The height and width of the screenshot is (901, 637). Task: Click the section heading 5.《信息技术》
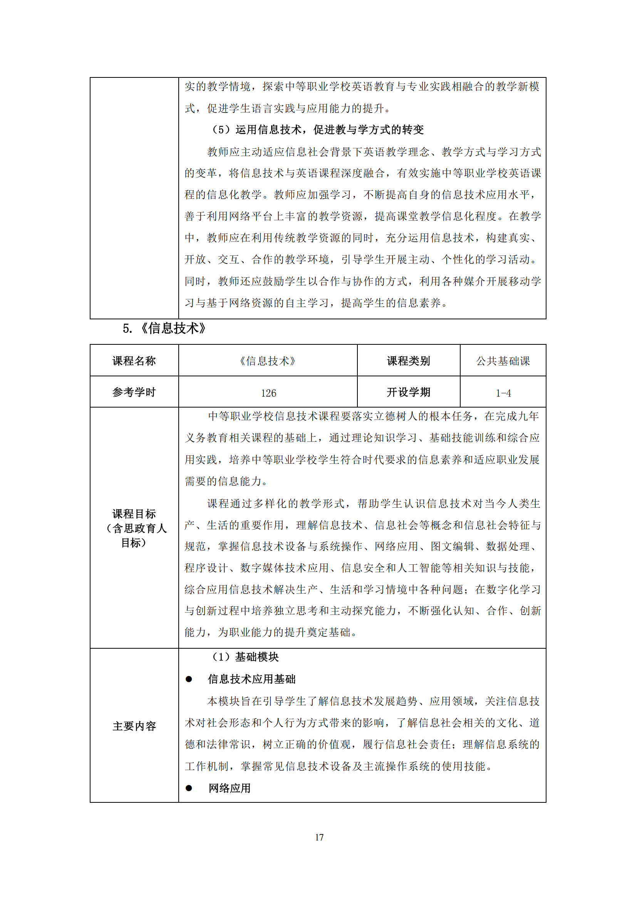click(x=164, y=328)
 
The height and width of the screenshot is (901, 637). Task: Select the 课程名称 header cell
click(x=134, y=361)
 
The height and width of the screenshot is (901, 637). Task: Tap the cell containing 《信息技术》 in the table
click(x=268, y=361)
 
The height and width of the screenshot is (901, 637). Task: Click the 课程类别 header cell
click(x=408, y=361)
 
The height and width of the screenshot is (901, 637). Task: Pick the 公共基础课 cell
click(x=503, y=361)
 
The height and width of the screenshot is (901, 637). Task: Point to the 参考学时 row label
click(x=134, y=392)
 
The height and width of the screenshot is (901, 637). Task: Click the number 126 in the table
click(x=268, y=393)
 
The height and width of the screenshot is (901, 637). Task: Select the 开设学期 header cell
click(x=408, y=392)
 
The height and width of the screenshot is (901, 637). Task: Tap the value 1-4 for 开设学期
click(x=503, y=393)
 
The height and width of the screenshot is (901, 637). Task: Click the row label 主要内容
click(x=134, y=726)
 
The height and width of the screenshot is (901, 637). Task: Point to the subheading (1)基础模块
click(x=246, y=657)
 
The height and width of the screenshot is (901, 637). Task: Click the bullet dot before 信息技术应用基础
click(x=189, y=679)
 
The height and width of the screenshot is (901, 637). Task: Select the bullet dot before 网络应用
click(x=189, y=788)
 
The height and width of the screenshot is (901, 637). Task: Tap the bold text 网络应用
click(x=230, y=788)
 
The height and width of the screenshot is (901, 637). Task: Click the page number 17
click(x=319, y=837)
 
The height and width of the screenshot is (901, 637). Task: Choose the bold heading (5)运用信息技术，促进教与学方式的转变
click(x=318, y=129)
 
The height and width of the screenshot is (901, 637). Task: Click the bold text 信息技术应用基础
click(x=252, y=679)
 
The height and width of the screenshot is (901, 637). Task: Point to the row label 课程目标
click(x=134, y=514)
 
